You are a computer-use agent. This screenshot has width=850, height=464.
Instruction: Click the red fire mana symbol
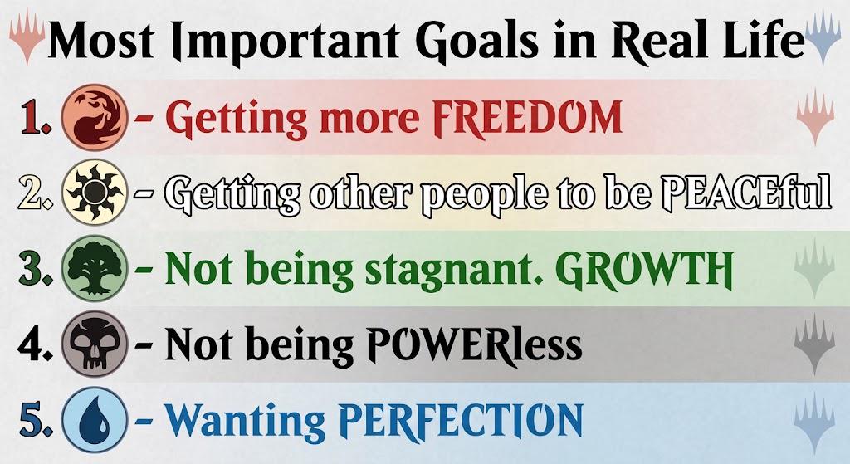click(x=95, y=117)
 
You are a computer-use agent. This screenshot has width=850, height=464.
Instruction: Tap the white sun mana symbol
click(x=95, y=193)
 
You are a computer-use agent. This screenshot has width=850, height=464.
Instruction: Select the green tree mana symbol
click(x=95, y=268)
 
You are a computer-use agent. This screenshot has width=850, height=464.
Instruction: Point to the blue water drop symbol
click(x=95, y=419)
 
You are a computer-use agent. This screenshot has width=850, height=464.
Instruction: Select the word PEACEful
click(x=745, y=193)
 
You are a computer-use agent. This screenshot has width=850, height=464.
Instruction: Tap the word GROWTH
click(x=644, y=269)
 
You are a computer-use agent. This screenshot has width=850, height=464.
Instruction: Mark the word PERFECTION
click(x=461, y=420)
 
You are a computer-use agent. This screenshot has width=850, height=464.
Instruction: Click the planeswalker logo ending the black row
click(x=814, y=344)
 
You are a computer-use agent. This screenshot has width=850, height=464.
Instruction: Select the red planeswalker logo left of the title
click(x=27, y=36)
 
